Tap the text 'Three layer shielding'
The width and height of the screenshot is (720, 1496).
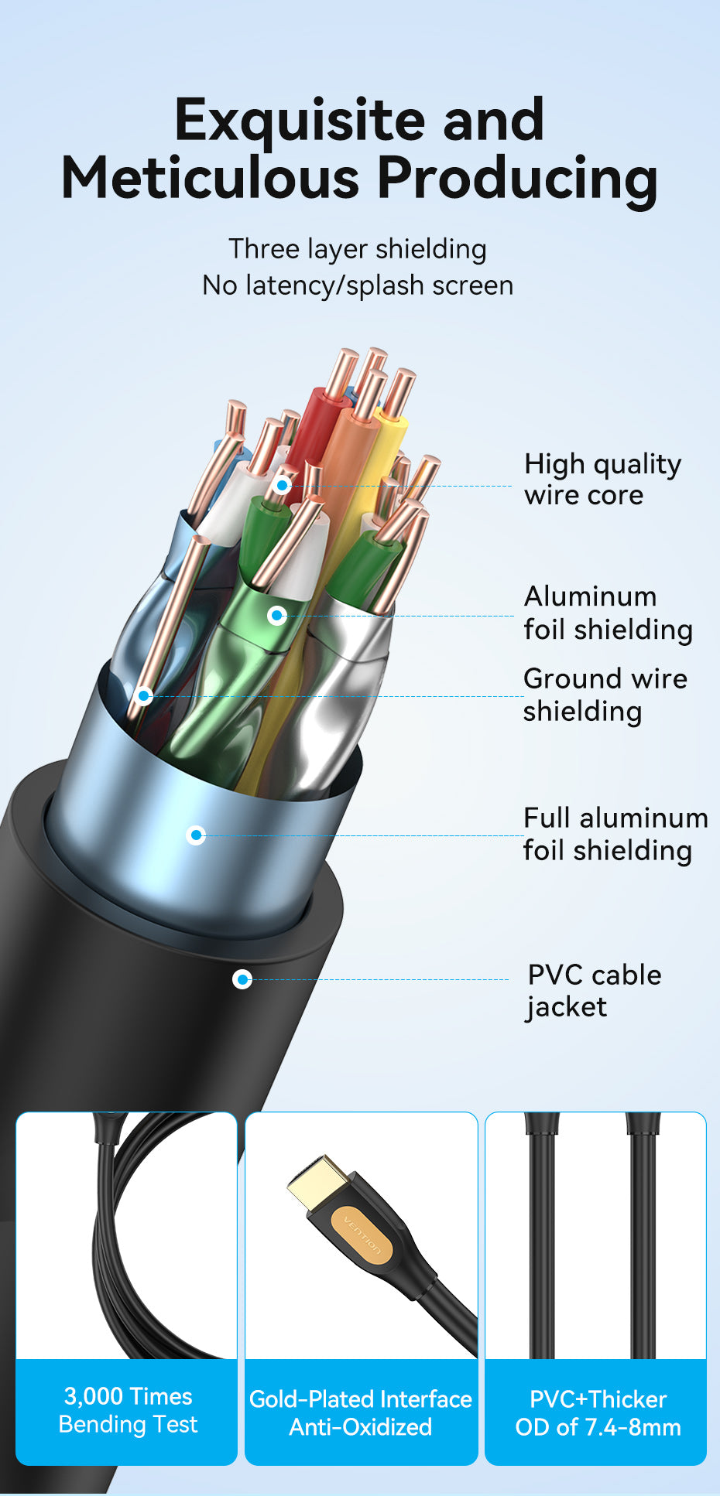tap(358, 249)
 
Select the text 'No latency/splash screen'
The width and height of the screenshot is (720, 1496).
tap(358, 285)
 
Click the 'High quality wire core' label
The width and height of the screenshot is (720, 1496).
tap(602, 479)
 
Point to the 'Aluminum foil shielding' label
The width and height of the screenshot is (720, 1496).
tap(608, 613)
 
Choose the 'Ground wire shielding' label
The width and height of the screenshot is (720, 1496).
tap(605, 695)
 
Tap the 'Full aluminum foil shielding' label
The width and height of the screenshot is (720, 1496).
tap(615, 834)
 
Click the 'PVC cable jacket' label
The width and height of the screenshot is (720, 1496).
tap(594, 990)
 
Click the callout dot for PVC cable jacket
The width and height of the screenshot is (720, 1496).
tap(242, 980)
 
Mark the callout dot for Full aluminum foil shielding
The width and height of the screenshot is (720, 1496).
tap(197, 835)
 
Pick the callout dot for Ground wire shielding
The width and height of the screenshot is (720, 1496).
tap(143, 696)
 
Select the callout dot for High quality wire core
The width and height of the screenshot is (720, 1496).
tap(283, 486)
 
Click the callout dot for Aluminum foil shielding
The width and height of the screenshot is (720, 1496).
tap(277, 616)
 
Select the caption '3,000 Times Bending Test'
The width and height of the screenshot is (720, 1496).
tap(128, 1410)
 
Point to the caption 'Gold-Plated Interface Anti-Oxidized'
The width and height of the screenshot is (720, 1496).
tap(361, 1412)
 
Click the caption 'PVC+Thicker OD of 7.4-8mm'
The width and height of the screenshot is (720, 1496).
tap(598, 1412)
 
